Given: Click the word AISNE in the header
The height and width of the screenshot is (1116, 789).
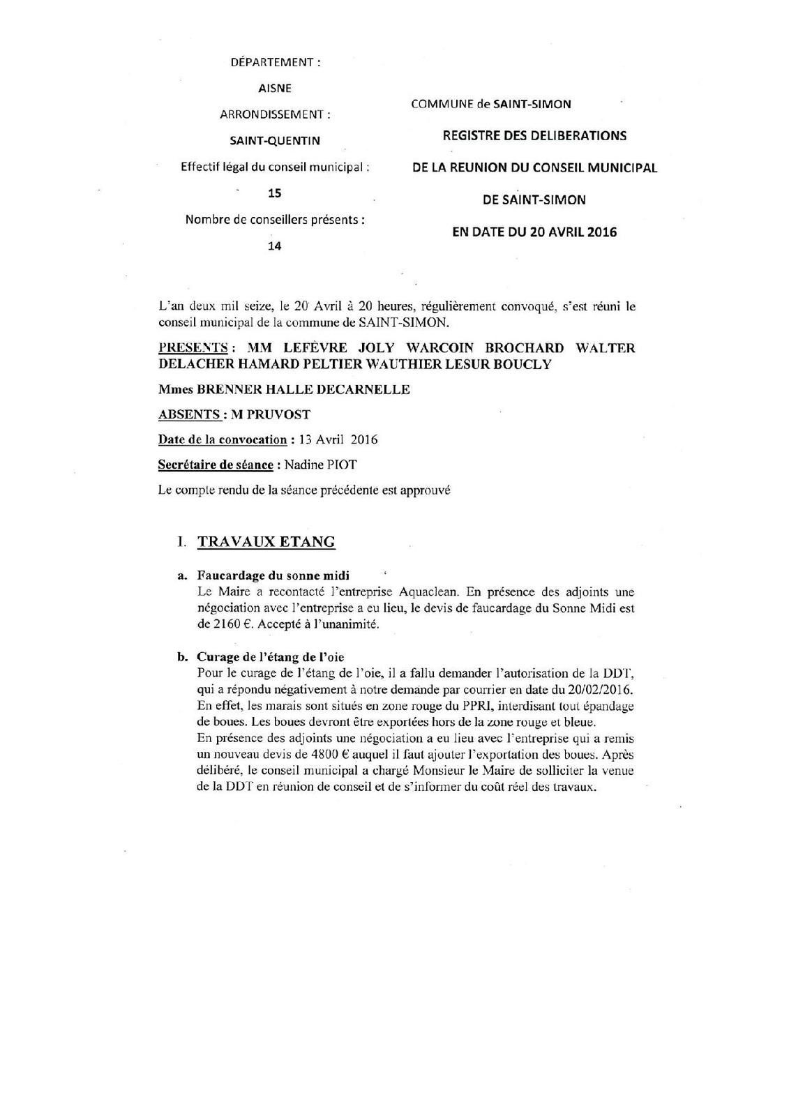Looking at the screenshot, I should pos(275,89).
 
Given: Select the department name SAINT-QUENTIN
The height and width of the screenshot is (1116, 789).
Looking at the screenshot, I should pos(275,141).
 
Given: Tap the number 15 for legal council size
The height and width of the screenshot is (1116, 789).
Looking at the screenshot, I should pos(275,193).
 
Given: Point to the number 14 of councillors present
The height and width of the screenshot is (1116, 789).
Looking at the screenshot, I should pos(275,246).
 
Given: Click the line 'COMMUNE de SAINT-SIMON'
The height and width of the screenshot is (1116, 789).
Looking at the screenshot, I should pos(491,105).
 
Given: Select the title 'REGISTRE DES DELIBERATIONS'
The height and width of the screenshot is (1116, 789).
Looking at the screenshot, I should pos(534,135).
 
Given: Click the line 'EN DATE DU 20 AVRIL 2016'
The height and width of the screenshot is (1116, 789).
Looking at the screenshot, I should pos(534,232).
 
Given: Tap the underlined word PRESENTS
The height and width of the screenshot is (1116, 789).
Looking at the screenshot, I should pos(193,347).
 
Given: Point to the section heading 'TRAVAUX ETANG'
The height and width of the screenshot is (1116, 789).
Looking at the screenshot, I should pos(266,542).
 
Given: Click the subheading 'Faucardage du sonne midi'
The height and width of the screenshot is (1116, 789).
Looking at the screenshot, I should pos(273,576).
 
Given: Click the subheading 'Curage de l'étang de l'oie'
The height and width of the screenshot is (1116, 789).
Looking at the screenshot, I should pos(270,657).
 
